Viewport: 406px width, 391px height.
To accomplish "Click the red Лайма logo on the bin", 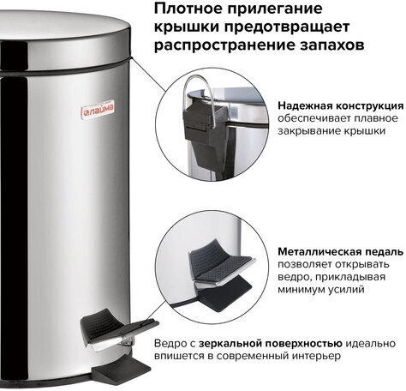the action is click(98, 109).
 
